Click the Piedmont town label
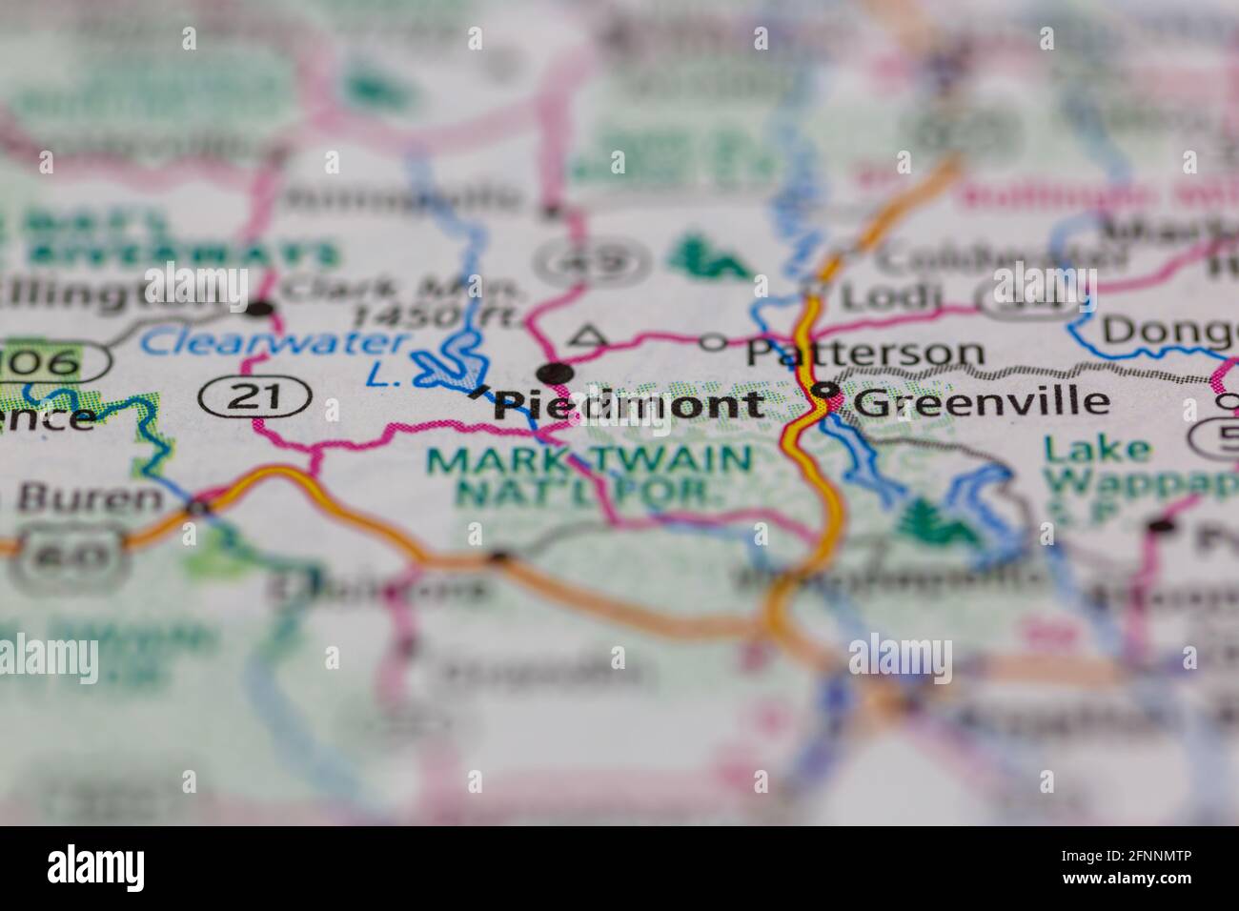pyautogui.click(x=629, y=405)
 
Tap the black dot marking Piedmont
pyautogui.click(x=555, y=373)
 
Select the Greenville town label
pyautogui.click(x=982, y=401)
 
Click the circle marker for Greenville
pyautogui.click(x=824, y=390)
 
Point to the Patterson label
pyautogui.click(x=864, y=352)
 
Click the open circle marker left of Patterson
pyautogui.click(x=713, y=343)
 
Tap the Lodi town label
pyautogui.click(x=885, y=295)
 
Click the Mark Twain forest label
pyautogui.click(x=589, y=474)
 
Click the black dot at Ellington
pyautogui.click(x=259, y=308)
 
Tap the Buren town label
pyautogui.click(x=91, y=497)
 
